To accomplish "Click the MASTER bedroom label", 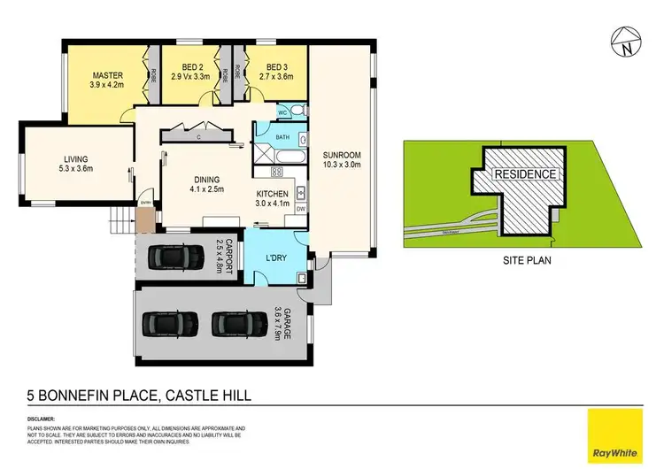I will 107,74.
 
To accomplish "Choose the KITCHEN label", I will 274,196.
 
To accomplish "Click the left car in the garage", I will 166,326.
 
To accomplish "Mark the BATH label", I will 282,138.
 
